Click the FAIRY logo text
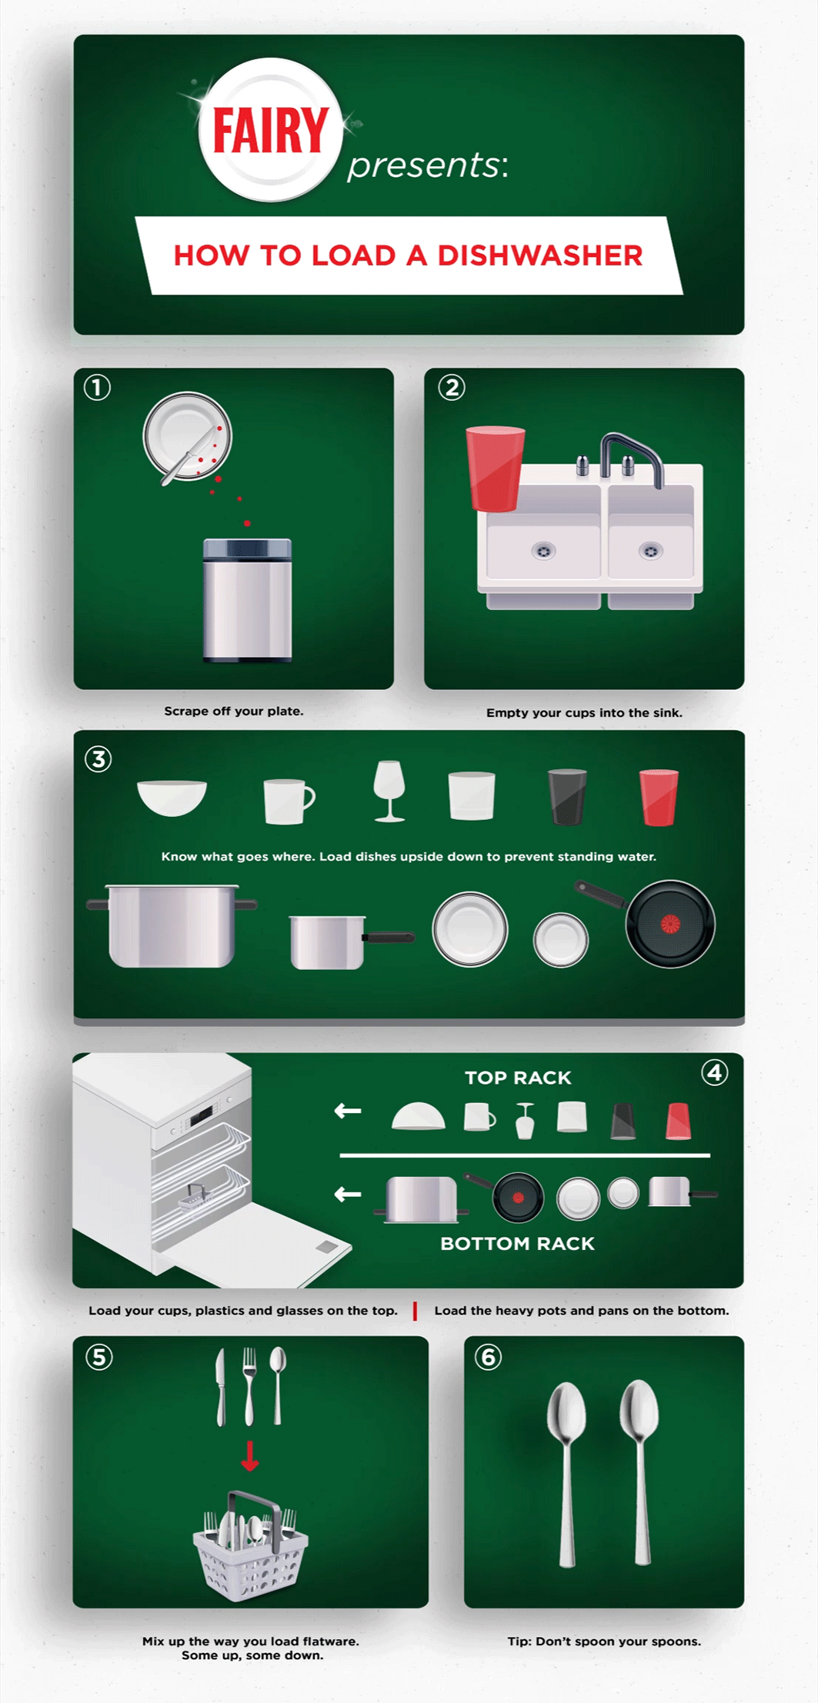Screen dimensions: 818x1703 (270, 130)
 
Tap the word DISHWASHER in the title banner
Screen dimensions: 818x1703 (539, 256)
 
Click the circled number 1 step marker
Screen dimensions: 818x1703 (97, 388)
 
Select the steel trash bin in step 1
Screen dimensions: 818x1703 (247, 600)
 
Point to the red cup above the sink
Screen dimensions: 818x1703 (495, 468)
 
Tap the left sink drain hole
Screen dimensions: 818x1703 (544, 551)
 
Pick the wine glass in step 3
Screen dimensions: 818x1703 (389, 792)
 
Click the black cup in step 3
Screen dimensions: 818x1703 (567, 797)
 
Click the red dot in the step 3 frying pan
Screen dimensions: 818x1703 (670, 924)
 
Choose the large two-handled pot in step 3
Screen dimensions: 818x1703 (172, 925)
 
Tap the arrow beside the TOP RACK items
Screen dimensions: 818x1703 (348, 1111)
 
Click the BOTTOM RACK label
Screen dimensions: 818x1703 (517, 1244)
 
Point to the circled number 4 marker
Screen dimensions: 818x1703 (715, 1072)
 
